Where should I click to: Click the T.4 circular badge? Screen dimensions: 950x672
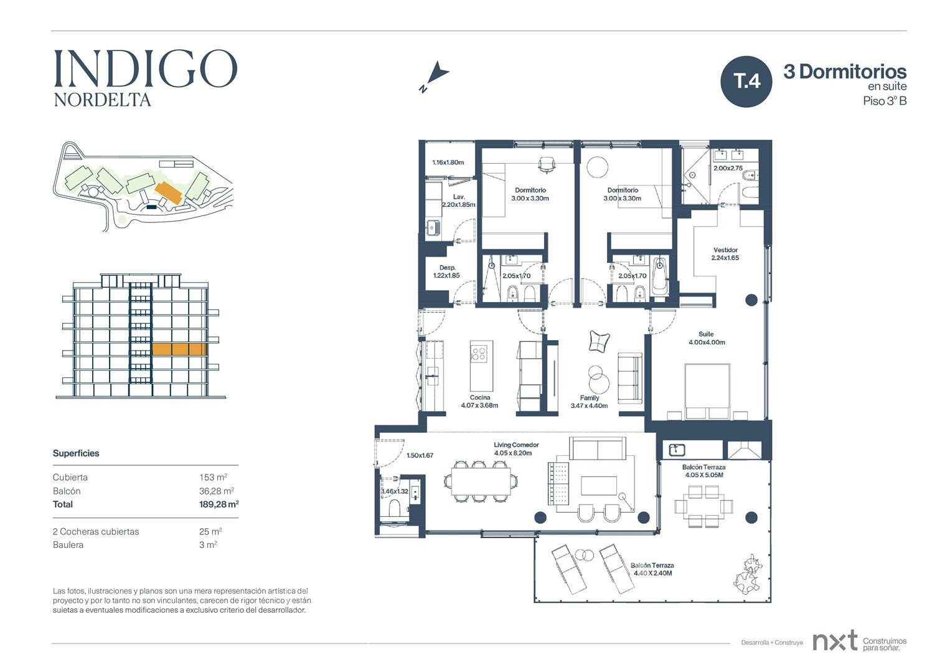[x=746, y=82]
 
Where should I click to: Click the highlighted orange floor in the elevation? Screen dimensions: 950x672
[x=179, y=349]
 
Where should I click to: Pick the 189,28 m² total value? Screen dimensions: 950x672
[x=219, y=504]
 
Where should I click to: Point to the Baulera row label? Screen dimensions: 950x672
[x=68, y=545]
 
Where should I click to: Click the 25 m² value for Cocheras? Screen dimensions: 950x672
[x=211, y=531]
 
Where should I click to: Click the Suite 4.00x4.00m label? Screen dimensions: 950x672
[x=707, y=338]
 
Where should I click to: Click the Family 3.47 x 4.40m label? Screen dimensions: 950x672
[x=589, y=402]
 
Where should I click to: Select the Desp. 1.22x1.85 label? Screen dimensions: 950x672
[x=446, y=272]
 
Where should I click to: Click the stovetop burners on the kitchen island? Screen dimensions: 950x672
[x=479, y=353]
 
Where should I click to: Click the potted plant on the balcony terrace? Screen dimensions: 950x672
[x=748, y=574]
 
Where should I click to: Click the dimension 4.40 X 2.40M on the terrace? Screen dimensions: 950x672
[x=652, y=573]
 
